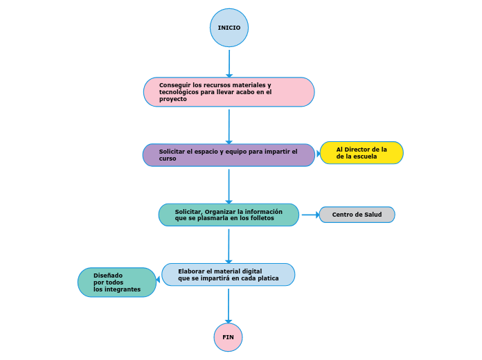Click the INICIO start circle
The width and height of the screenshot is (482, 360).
point(229,28)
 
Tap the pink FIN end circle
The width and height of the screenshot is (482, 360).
point(228,337)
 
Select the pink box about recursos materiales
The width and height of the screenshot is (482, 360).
point(229,92)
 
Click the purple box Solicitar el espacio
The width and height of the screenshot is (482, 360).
point(229,155)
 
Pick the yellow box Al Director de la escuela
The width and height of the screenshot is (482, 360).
point(361,153)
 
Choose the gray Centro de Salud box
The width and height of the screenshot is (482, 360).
point(357,215)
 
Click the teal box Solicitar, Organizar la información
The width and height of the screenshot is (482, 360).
point(229,215)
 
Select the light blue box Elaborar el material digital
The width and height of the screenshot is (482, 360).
point(229,275)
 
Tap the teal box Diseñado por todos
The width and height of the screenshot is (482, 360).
point(117,282)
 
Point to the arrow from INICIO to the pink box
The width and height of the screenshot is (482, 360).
point(229,62)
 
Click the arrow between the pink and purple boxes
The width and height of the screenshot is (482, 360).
point(229,125)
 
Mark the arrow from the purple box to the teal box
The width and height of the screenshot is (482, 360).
point(229,185)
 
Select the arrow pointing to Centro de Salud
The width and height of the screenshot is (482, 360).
point(310,215)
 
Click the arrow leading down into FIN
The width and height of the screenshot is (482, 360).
point(228,305)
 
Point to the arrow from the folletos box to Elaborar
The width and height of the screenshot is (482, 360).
point(229,245)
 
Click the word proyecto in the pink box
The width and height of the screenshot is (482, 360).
point(173,99)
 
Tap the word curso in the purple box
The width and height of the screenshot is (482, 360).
point(168,159)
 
